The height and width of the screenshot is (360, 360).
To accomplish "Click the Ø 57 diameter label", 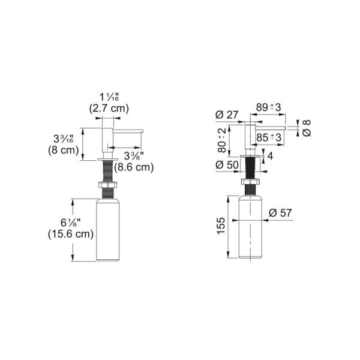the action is point(280,213).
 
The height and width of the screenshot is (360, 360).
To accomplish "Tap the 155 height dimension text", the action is point(221,226).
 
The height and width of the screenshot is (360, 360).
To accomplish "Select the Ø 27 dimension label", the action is point(227,115).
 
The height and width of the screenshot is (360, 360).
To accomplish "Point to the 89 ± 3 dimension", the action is point(268,107).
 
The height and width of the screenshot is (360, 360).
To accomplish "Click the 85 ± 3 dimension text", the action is point(269,137).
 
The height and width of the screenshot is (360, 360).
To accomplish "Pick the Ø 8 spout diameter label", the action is point(307,128).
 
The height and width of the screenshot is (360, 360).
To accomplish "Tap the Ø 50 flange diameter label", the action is point(227,164).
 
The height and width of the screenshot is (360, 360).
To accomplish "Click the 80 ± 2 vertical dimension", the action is point(222,140).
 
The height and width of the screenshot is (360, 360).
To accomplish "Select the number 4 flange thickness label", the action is point(270,156).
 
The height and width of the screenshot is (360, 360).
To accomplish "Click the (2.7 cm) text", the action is point(109,108).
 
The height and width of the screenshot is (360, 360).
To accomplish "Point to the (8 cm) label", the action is point(64,151).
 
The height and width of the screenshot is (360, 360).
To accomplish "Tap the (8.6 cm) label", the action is point(134,167).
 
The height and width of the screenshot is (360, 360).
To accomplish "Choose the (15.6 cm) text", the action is point(71,235).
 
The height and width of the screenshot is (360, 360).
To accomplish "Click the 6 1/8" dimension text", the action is point(71,223).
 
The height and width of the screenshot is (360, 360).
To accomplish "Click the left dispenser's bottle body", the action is point(107,230).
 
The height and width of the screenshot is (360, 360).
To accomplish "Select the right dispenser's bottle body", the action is point(250,227).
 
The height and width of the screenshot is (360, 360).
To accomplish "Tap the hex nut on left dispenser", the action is point(107,185).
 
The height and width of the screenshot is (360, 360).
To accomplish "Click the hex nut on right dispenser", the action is point(250,181).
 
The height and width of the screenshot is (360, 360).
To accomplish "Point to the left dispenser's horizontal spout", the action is point(128,131).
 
